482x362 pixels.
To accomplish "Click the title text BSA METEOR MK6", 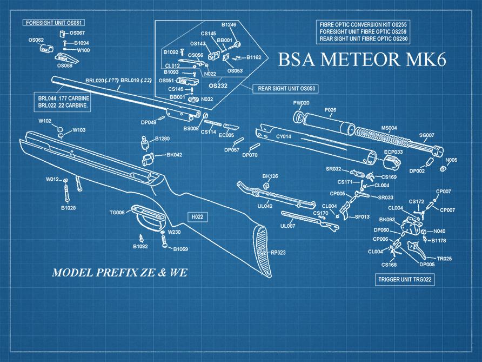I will [x=362, y=59].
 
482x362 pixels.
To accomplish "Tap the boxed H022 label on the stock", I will [x=197, y=216].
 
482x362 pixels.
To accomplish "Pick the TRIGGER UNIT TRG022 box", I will [x=405, y=280].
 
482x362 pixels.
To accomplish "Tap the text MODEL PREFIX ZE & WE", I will [x=119, y=272].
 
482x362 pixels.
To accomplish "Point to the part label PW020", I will [x=301, y=103].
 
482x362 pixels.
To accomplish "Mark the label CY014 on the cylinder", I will [x=284, y=136].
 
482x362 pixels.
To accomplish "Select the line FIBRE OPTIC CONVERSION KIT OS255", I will [x=363, y=25].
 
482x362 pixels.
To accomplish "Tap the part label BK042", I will [x=174, y=155].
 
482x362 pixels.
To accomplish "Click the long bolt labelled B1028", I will [x=67, y=192].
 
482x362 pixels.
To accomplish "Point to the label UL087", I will [x=287, y=226].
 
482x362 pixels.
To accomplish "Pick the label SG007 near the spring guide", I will [x=427, y=135].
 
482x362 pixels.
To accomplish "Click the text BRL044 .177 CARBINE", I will [x=63, y=98].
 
